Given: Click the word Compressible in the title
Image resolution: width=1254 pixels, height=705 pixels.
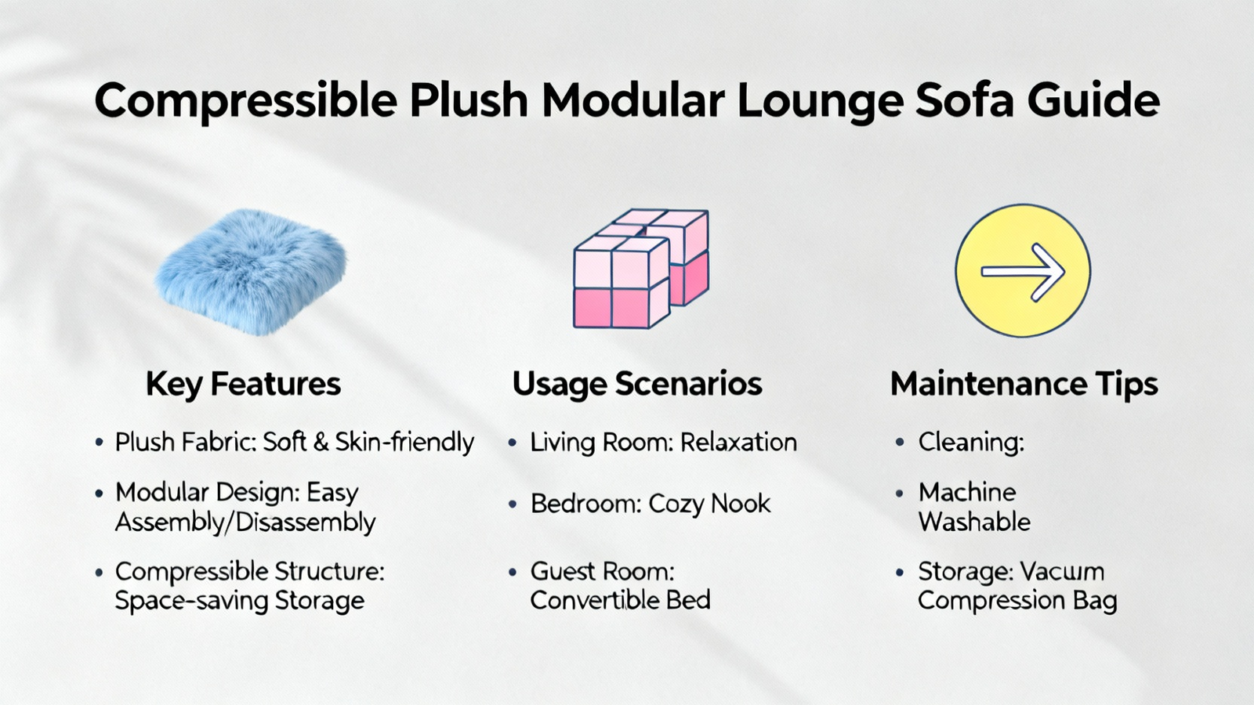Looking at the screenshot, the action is click(246, 101).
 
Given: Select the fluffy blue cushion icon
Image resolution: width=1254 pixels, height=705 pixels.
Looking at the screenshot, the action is click(250, 272).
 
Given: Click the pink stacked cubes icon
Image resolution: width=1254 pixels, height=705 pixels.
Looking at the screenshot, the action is click(642, 269).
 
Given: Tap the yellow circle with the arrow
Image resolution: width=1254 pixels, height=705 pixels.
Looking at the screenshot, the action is click(1023, 271).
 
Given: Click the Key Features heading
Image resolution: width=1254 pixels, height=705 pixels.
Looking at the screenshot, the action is click(244, 385).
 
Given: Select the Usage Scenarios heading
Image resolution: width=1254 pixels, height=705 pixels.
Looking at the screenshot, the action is click(637, 385).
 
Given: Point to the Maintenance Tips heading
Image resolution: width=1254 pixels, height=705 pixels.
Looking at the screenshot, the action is click(1024, 385).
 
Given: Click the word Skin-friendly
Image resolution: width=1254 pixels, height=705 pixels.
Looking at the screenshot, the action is click(404, 442).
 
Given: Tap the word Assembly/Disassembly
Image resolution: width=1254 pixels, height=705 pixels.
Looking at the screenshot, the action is click(245, 522).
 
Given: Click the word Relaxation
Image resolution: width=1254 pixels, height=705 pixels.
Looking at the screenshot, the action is click(738, 442).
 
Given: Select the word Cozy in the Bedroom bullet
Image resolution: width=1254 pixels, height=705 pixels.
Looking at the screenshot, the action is click(676, 504).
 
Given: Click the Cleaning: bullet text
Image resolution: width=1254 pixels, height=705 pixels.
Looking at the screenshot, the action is click(971, 443).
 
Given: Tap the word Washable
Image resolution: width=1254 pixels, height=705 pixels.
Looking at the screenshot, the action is click(975, 522).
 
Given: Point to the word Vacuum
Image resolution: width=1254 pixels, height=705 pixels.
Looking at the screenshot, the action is click(1062, 572).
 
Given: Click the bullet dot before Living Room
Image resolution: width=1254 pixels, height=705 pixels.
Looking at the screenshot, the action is click(513, 443).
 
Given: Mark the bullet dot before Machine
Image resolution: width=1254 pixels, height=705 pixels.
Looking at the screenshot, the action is click(900, 493).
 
